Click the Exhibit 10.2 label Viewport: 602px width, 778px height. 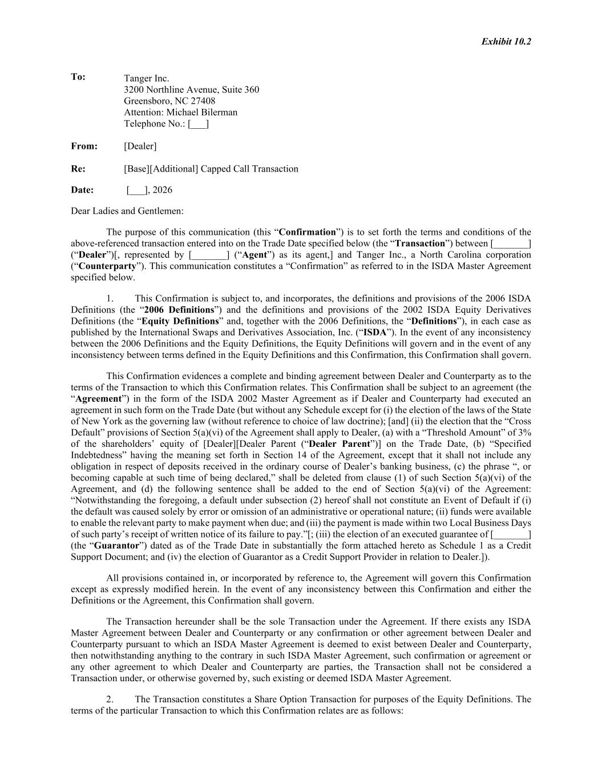pyautogui.click(x=506, y=42)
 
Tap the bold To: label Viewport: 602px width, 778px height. pyautogui.click(x=78, y=77)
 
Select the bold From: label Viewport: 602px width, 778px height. pyautogui.click(x=84, y=146)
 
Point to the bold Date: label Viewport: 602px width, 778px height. pyautogui.click(x=82, y=190)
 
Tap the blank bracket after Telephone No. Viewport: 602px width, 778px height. pyautogui.click(x=198, y=124)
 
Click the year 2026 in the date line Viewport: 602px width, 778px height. pyautogui.click(x=162, y=190)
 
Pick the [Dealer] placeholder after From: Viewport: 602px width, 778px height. pyautogui.click(x=140, y=146)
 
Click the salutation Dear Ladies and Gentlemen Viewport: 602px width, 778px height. pyautogui.click(x=127, y=211)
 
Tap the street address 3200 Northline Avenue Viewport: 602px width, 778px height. pyautogui.click(x=171, y=89)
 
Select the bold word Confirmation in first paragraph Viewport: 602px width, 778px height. pyautogui.click(x=307, y=232)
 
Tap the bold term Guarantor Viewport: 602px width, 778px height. pyautogui.click(x=118, y=545)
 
